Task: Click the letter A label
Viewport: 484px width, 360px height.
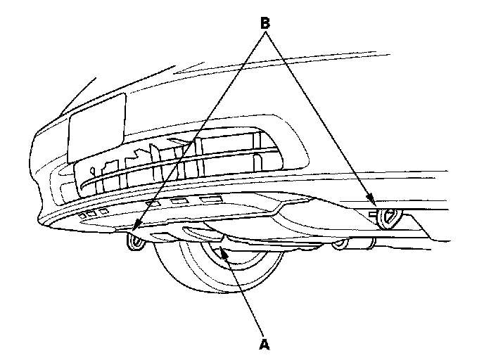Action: point(265,344)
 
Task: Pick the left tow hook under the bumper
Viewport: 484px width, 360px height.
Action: point(134,243)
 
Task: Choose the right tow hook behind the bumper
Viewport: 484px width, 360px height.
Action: point(388,219)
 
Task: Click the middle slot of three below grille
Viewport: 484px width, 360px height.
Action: point(180,202)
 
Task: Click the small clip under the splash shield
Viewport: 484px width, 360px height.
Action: point(341,244)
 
